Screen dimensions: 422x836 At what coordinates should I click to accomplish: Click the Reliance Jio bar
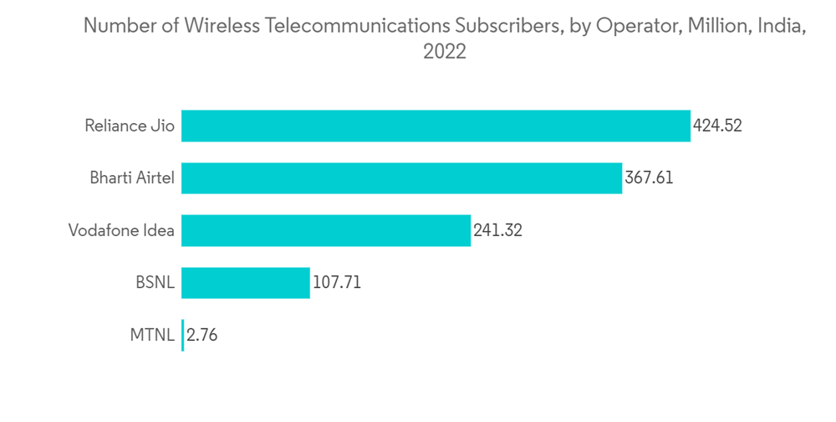click(436, 126)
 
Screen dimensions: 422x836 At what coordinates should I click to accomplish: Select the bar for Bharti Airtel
click(401, 178)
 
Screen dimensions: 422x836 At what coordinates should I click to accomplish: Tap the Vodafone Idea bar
click(326, 230)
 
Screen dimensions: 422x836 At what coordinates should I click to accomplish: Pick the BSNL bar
click(245, 282)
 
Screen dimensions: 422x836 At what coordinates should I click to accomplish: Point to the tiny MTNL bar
click(182, 335)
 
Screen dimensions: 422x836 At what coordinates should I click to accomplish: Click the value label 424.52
click(717, 126)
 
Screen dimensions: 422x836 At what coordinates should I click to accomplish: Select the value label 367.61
click(649, 178)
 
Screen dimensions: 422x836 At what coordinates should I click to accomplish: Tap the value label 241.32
click(497, 230)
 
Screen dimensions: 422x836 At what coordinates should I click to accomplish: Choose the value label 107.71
click(337, 283)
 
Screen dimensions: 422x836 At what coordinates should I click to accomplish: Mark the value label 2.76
click(202, 335)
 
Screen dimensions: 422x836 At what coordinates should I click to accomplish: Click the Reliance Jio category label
click(130, 126)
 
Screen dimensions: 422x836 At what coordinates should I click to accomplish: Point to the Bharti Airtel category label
click(132, 178)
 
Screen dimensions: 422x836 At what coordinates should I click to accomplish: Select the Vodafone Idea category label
click(121, 230)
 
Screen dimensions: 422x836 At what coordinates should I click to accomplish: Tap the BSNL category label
click(155, 283)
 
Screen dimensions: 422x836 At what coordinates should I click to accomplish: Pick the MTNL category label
click(152, 335)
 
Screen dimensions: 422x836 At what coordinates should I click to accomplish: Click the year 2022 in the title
click(444, 52)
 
